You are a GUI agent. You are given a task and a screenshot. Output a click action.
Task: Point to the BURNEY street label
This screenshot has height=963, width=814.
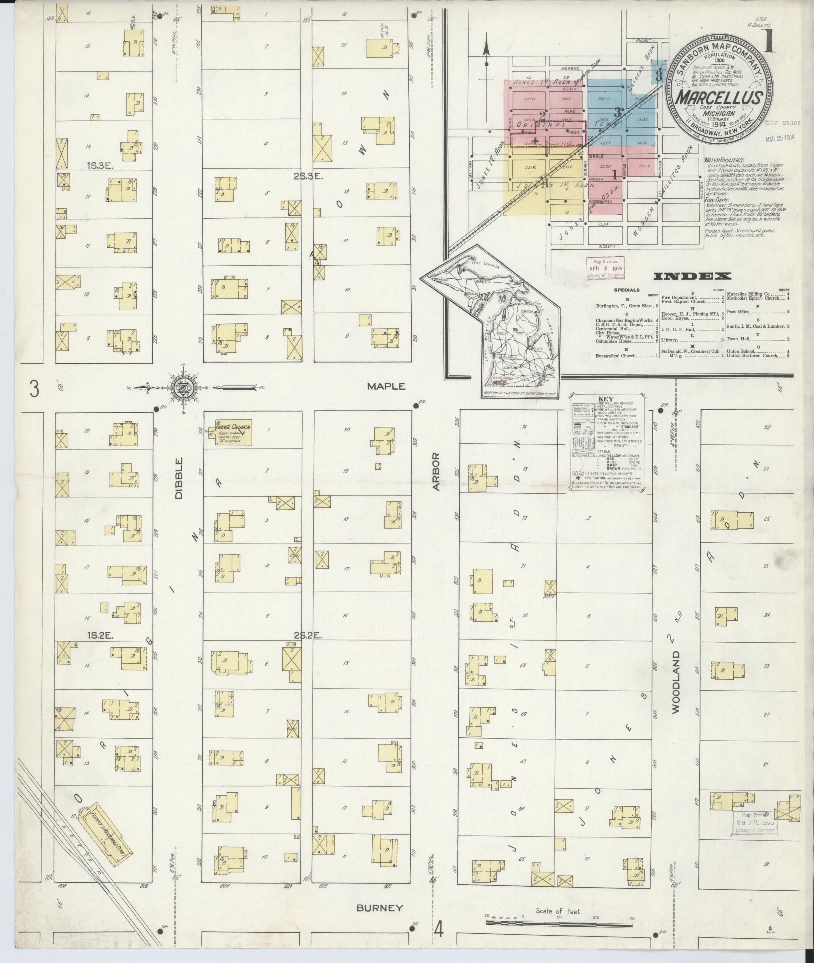tap(380, 907)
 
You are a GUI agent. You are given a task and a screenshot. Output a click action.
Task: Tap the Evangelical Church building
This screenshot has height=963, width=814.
tap(233, 432)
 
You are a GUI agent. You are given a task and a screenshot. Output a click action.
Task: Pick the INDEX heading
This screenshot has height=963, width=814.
tap(692, 276)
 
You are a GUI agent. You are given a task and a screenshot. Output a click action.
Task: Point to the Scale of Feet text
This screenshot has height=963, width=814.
tap(559, 911)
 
